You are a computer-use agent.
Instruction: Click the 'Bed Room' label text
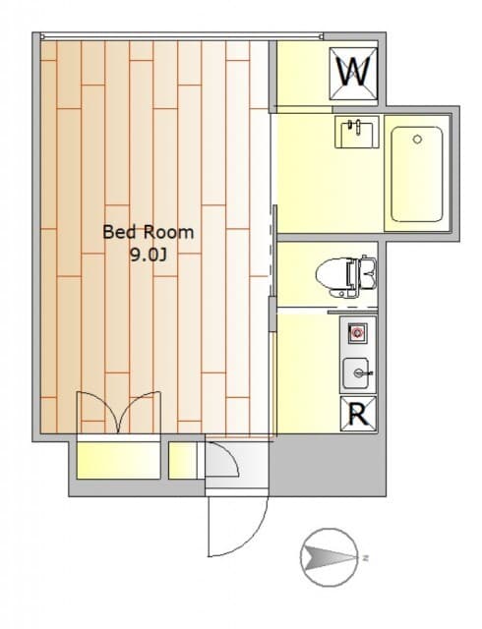[149, 232]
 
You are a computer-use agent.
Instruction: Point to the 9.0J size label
[148, 255]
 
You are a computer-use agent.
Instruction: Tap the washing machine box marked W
[353, 74]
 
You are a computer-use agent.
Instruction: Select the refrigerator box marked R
[358, 414]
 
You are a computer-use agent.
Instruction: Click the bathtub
[417, 174]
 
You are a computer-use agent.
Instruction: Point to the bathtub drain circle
[417, 140]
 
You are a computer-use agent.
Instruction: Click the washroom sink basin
[357, 132]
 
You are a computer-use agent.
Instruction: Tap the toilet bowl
[332, 276]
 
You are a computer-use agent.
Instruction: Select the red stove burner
[357, 332]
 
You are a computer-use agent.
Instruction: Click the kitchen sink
[356, 373]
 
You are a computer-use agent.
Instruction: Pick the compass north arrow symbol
[330, 557]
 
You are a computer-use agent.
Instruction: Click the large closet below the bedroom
[118, 460]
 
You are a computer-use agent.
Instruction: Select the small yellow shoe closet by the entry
[182, 461]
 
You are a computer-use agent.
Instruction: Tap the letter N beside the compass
[365, 557]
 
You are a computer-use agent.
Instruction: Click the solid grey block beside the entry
[328, 465]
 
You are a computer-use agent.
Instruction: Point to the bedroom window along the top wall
[182, 36]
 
